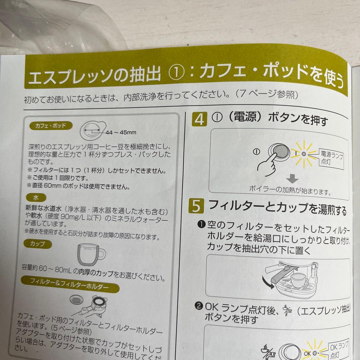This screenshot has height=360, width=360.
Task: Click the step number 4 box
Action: pos(199,120)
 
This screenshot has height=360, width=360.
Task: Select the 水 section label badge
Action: pos(36,198)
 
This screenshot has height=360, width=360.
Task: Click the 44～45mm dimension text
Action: pos(121,132)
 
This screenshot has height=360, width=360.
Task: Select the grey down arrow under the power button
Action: pos(293,179)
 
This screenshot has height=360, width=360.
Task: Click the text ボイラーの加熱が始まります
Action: pos(290,191)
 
